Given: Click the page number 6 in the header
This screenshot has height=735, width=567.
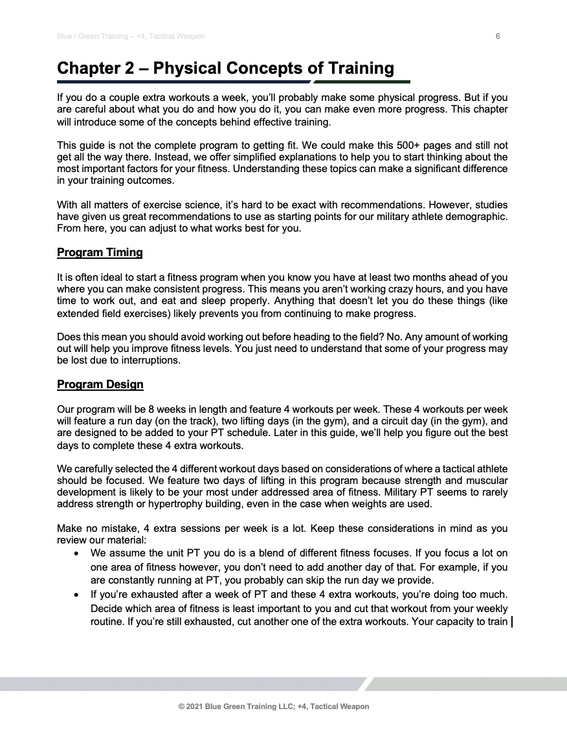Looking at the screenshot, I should [498, 36].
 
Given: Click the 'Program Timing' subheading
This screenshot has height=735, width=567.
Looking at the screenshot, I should [100, 252].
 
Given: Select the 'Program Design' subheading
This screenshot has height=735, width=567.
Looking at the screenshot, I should [100, 384].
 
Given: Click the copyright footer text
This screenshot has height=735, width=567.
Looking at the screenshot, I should [273, 707].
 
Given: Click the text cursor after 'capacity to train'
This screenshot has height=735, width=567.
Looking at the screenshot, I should [512, 623].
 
